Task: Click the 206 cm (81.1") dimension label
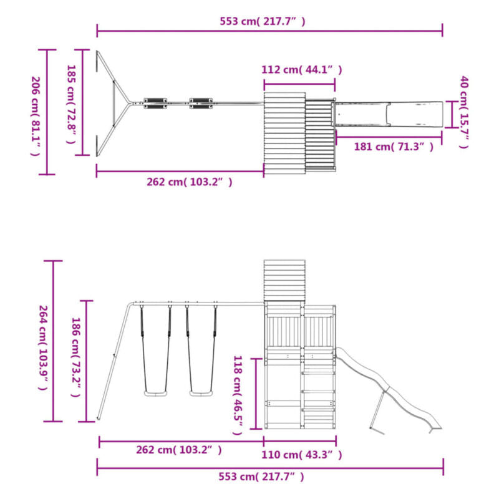coord(36,116)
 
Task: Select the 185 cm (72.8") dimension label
coord(71,104)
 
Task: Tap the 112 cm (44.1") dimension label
coord(302,69)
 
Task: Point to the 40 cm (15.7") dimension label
coord(465,112)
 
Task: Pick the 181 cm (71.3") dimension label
coord(394,147)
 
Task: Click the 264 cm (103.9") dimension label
coord(43,347)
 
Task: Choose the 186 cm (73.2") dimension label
coord(75,357)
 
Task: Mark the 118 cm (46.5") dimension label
coord(238,395)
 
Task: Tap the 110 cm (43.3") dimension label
coord(302,455)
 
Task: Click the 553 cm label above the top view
coord(263,21)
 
